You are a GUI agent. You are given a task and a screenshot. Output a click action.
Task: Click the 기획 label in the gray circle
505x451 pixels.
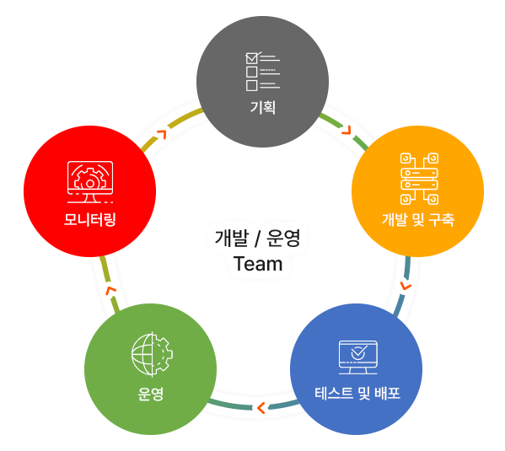coord(263,107)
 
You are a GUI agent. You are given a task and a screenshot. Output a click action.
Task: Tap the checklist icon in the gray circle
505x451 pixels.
coord(262,71)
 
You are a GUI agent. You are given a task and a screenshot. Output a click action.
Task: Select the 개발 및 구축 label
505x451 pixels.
coord(418,220)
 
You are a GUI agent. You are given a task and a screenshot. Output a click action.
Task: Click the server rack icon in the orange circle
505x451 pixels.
coord(419,179)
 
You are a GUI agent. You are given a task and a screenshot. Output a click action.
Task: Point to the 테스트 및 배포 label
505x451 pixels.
coord(357,394)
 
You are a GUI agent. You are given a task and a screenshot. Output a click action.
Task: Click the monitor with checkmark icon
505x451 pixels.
coord(357,357)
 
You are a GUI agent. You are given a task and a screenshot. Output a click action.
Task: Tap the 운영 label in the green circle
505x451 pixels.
coord(150,394)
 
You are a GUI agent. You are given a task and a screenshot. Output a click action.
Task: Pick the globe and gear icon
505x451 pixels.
coord(152,354)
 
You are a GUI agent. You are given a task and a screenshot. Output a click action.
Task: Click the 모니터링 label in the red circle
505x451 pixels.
coord(90,219)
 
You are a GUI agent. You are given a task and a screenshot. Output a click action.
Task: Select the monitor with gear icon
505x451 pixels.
coord(90,182)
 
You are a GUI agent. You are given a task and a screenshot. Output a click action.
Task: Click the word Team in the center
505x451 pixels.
coord(258,264)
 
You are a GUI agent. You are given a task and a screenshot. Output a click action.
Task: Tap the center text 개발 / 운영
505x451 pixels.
coord(257,238)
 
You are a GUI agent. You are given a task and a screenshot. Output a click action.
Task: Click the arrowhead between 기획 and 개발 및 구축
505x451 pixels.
coord(347,130)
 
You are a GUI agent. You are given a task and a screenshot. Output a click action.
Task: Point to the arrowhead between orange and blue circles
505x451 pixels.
coord(406,286)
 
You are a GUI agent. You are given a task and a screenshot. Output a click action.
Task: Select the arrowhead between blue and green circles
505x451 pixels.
coord(261,408)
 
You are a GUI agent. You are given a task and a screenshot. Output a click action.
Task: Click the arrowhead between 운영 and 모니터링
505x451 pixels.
coord(111,290)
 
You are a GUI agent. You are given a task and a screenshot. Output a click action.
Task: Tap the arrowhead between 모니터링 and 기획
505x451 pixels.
coord(162,134)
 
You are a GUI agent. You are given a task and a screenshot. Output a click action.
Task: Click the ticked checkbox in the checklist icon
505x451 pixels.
coord(252,58)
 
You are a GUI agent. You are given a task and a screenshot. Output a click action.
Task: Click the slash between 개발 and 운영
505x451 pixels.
coord(257,239)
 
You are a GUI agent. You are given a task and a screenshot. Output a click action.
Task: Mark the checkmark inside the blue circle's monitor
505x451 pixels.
coord(359,352)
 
